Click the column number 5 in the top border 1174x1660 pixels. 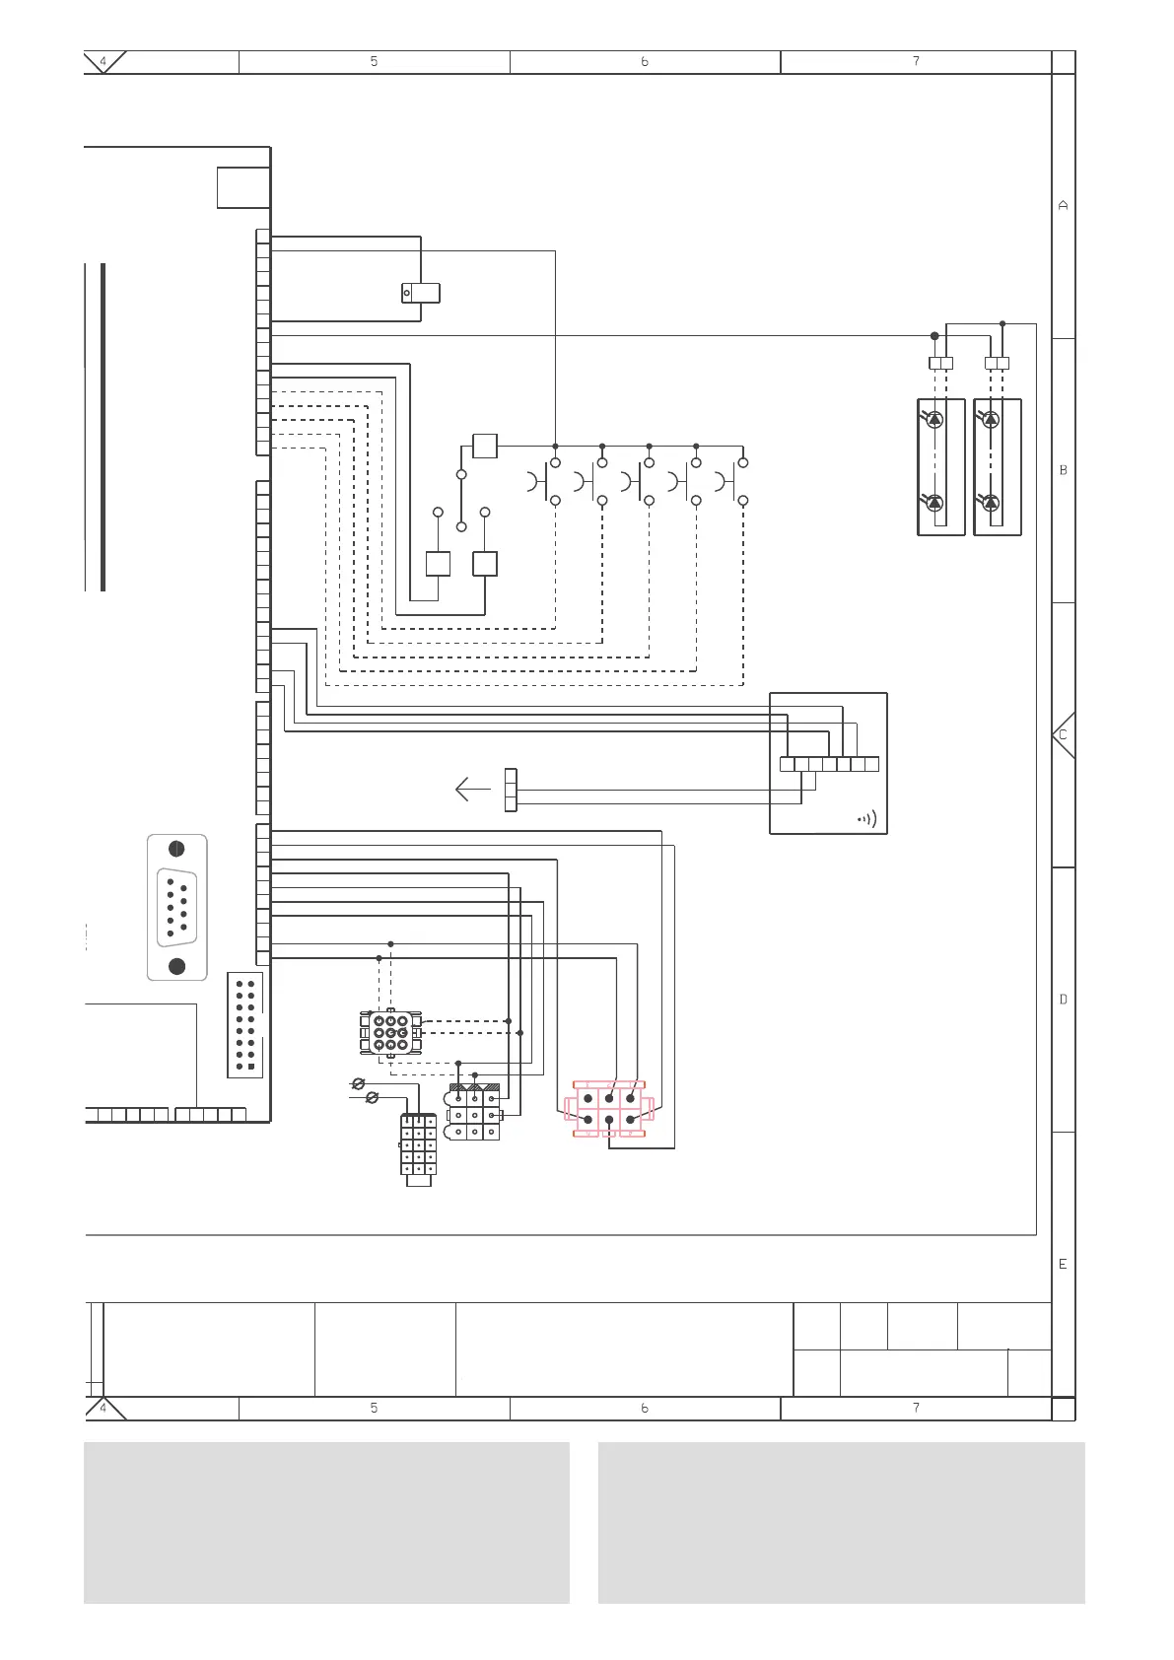(x=374, y=61)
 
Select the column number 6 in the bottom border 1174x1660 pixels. (x=645, y=1408)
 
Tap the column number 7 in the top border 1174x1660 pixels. (x=916, y=61)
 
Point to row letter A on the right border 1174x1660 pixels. (x=1063, y=206)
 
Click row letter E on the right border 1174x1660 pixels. (x=1063, y=1264)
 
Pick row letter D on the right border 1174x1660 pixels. (x=1063, y=1000)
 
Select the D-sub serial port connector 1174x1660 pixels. (x=177, y=907)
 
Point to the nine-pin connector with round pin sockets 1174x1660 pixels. (x=391, y=1033)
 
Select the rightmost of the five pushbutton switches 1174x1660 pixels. (x=732, y=482)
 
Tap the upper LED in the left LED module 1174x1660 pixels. (x=935, y=419)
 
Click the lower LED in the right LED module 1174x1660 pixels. (x=992, y=503)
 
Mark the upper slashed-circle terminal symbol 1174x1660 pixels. (x=358, y=1084)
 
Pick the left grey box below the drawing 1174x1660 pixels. (x=326, y=1523)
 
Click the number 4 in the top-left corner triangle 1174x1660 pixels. (x=104, y=61)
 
